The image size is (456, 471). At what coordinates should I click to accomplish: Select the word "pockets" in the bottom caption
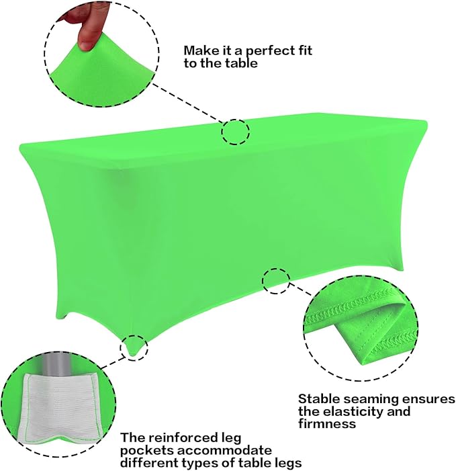click(143, 450)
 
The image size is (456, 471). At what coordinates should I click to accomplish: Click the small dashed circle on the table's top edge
click(235, 132)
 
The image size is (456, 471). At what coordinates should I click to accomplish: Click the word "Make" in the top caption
click(199, 50)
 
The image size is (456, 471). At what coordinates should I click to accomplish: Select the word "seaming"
click(373, 398)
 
